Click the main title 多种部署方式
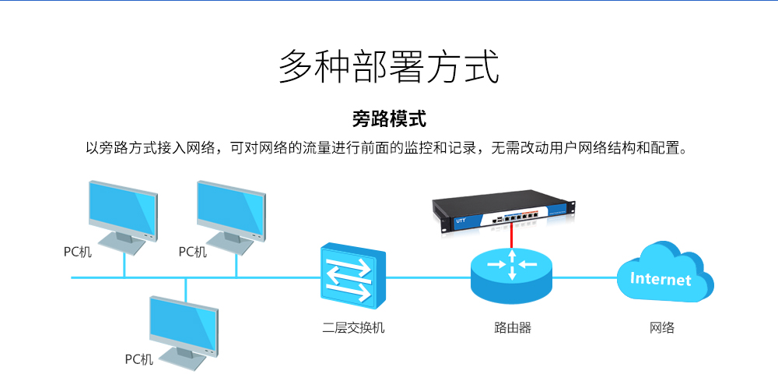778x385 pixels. click(x=388, y=66)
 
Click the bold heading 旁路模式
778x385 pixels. click(x=389, y=120)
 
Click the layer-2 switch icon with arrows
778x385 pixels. click(x=352, y=277)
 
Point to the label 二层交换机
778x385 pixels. click(x=353, y=328)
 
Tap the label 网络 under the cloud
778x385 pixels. click(x=662, y=328)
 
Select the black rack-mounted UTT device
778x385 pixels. click(x=503, y=214)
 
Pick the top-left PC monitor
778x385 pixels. click(x=123, y=217)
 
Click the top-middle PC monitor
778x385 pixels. click(x=231, y=217)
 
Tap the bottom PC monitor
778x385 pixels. click(x=184, y=333)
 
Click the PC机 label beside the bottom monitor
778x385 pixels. click(x=139, y=359)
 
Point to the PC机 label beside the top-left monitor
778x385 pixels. click(x=77, y=252)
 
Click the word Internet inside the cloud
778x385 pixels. click(x=661, y=279)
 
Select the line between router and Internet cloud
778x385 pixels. click(x=584, y=277)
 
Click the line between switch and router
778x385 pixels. click(x=428, y=277)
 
